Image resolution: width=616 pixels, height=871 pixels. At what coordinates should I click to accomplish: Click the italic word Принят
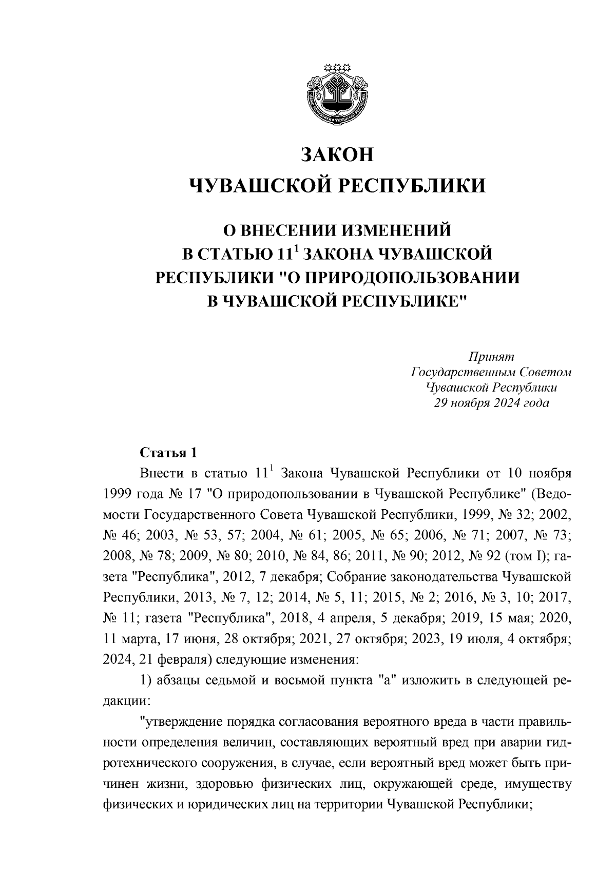(491, 356)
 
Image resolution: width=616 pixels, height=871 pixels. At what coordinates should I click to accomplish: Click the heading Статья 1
(168, 453)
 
